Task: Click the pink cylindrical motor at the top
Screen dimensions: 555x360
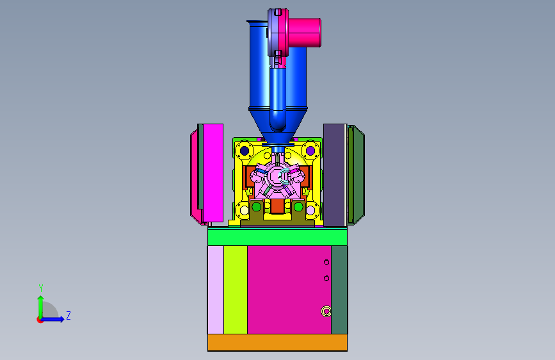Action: click(305, 33)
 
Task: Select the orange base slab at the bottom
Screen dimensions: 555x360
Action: click(277, 343)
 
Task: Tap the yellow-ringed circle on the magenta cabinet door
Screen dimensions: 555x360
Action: click(326, 311)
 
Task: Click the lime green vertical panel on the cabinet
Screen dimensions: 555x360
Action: click(236, 290)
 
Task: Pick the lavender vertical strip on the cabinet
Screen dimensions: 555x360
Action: click(216, 290)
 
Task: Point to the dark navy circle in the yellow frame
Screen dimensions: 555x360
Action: click(245, 151)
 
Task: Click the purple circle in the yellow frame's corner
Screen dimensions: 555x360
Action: click(310, 151)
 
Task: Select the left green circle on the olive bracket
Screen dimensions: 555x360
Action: click(257, 206)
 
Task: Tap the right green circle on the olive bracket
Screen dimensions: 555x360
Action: click(298, 206)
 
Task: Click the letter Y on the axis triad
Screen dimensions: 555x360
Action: click(41, 288)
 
